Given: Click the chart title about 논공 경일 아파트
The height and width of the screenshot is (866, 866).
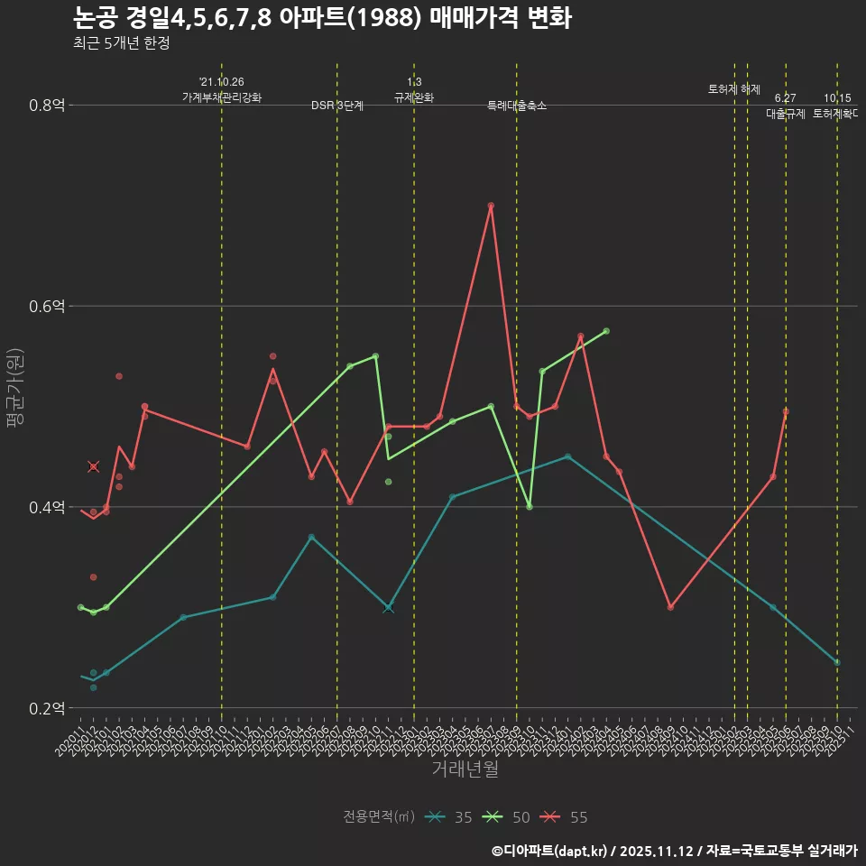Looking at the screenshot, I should pyautogui.click(x=321, y=18).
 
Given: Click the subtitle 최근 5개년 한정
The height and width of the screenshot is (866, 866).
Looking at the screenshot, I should pyautogui.click(x=121, y=43).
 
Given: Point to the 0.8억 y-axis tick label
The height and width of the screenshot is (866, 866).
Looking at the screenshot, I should pyautogui.click(x=47, y=106).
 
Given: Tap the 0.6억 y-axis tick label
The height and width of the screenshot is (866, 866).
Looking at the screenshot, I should pyautogui.click(x=47, y=307).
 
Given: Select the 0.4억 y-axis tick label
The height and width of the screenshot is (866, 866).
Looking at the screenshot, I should pyautogui.click(x=47, y=507).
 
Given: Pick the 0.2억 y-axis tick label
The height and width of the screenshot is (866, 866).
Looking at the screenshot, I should pyautogui.click(x=47, y=708).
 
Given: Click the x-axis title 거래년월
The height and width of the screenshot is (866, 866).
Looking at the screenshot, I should pyautogui.click(x=465, y=769).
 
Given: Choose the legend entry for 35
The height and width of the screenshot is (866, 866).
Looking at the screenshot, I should pyautogui.click(x=450, y=817).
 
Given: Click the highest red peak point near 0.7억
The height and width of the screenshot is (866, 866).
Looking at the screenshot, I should pyautogui.click(x=491, y=206).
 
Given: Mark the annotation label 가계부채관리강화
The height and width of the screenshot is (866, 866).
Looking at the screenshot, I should pyautogui.click(x=222, y=97).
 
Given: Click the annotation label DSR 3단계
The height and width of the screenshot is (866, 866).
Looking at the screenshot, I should pyautogui.click(x=337, y=106).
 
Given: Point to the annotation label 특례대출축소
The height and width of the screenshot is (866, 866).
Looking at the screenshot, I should pyautogui.click(x=517, y=106).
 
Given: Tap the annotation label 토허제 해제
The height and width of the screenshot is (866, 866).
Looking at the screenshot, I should pyautogui.click(x=734, y=89).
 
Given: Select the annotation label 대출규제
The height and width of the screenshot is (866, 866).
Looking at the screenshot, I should pyautogui.click(x=786, y=114).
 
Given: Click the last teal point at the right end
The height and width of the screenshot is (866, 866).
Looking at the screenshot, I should pyautogui.click(x=837, y=662).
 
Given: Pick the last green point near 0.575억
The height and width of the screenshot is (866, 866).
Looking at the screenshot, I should pyautogui.click(x=606, y=331).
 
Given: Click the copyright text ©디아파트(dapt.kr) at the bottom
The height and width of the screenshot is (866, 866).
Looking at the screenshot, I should pyautogui.click(x=551, y=851).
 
